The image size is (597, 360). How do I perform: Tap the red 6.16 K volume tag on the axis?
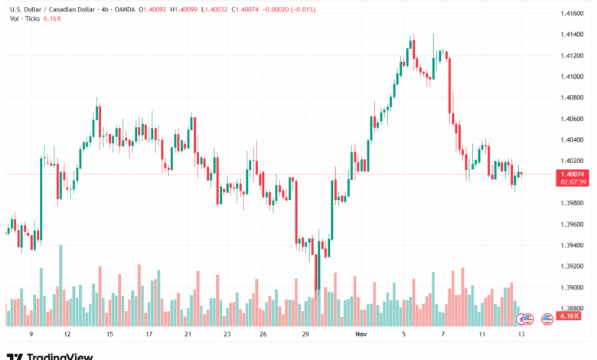tap(568, 316)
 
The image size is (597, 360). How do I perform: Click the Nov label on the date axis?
tap(361, 335)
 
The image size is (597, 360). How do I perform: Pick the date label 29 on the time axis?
tap(305, 335)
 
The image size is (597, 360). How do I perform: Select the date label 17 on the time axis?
tap(148, 335)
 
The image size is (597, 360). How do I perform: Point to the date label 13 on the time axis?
tap(521, 335)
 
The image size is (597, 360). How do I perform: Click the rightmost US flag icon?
tap(547, 318)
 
